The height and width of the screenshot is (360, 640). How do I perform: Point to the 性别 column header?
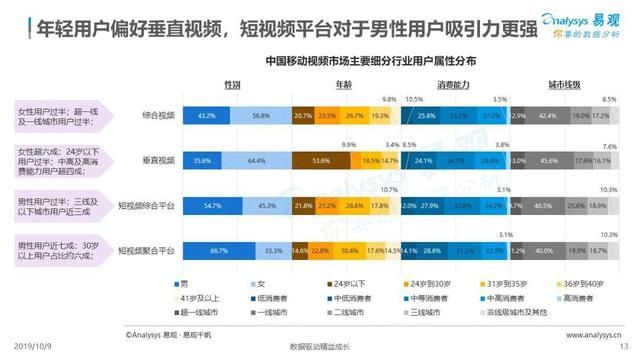pos(233,86)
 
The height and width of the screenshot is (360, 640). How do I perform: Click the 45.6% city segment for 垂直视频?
pos(549,160)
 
